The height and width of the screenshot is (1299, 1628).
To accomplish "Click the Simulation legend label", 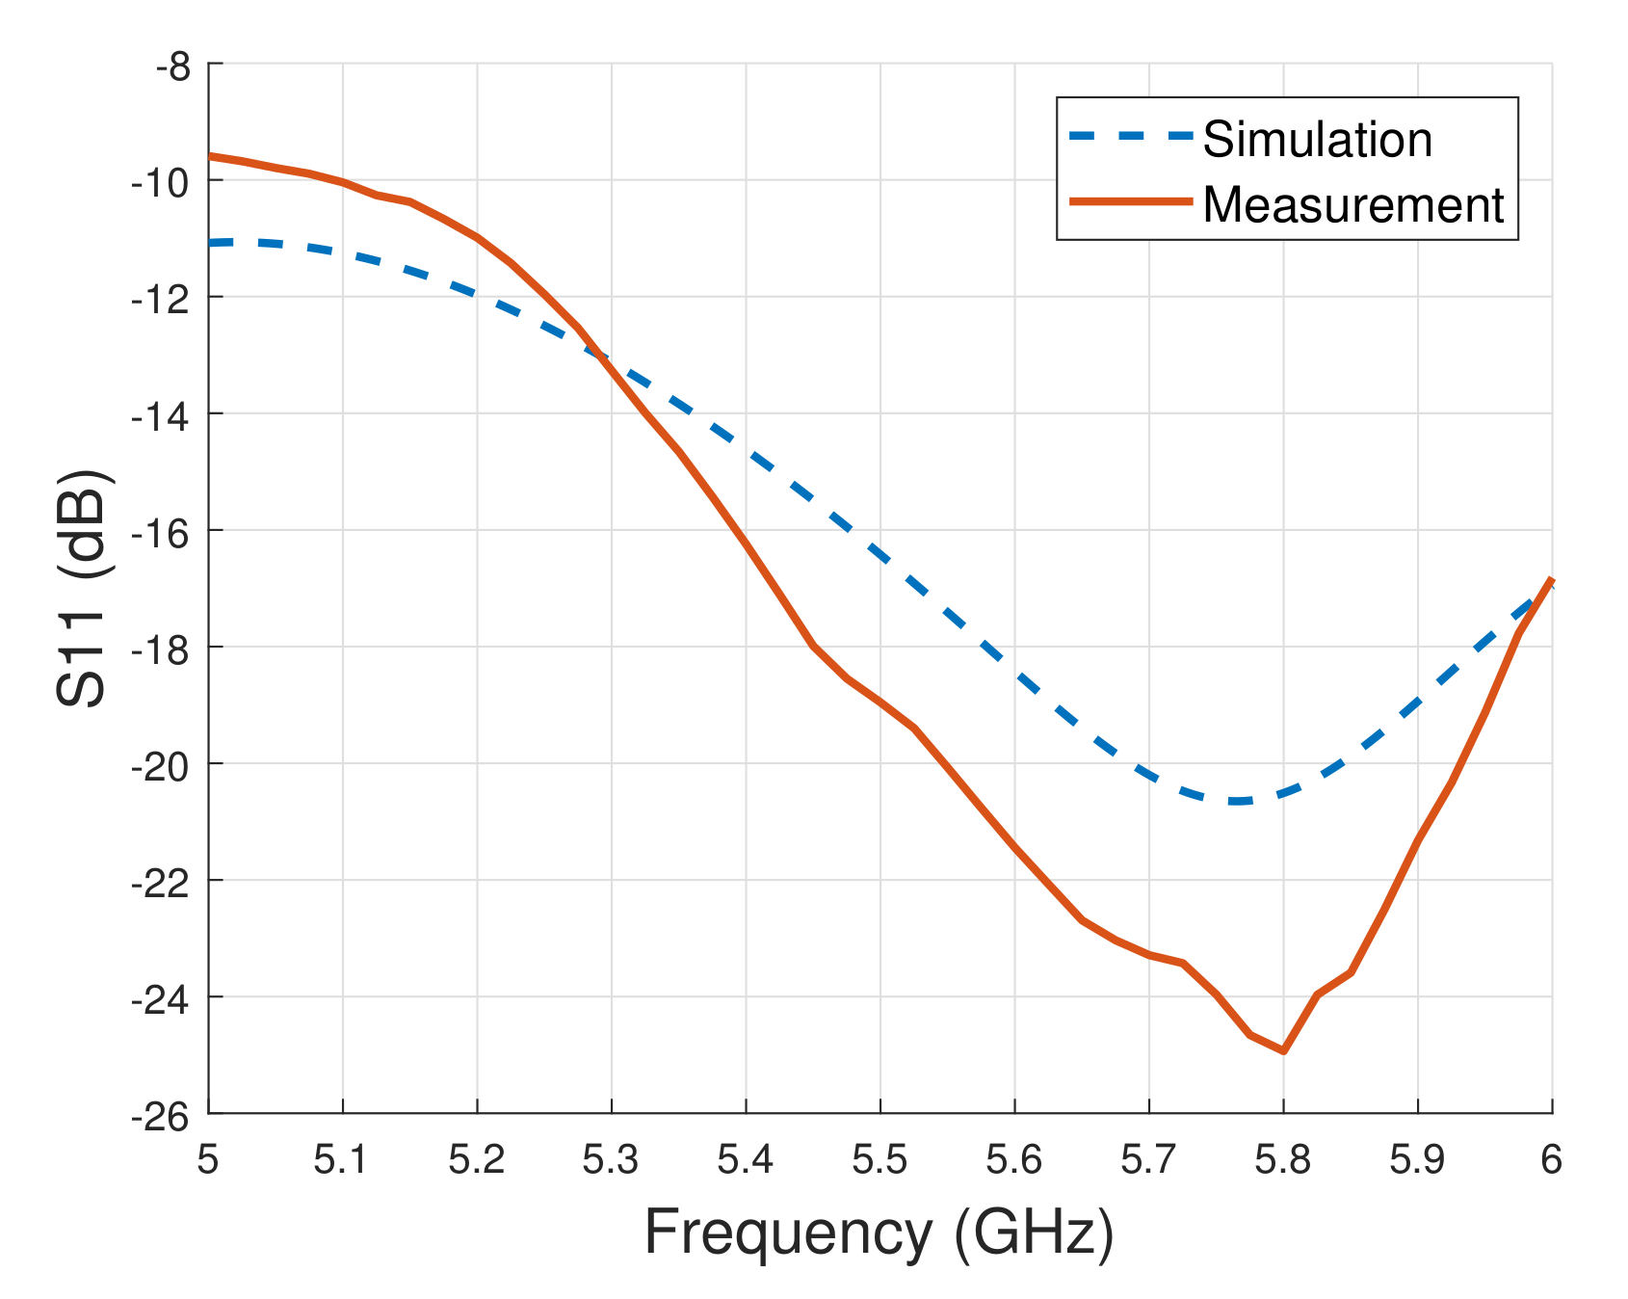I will coord(1317,141).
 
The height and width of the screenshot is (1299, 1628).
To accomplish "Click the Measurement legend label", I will coord(1352,205).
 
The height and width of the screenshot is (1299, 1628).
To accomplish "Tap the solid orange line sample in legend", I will coord(1131,200).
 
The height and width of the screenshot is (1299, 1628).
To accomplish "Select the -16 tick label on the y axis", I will coord(160,531).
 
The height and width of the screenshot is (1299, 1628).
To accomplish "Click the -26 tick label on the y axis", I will coord(160,1115).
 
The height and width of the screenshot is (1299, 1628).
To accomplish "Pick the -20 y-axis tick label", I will coord(160,764).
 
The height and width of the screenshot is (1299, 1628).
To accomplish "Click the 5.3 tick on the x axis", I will coord(611,1160).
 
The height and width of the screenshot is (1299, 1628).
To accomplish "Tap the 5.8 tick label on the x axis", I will coord(1282,1160).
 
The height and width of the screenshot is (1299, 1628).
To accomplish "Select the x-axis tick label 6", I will coord(1551,1160).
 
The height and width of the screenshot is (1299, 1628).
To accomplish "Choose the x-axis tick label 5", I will coord(208,1160).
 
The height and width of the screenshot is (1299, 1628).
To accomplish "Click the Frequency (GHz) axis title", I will coord(879,1233).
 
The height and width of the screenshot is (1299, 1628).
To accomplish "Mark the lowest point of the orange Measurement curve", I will coord(1283,1050).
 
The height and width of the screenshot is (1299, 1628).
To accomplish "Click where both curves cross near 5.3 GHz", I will coord(601,358).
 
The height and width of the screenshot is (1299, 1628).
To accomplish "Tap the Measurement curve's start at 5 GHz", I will coord(211,155).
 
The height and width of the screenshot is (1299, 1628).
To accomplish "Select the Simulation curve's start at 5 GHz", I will coord(211,243).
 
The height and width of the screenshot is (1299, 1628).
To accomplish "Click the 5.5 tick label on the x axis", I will coord(880,1160).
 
